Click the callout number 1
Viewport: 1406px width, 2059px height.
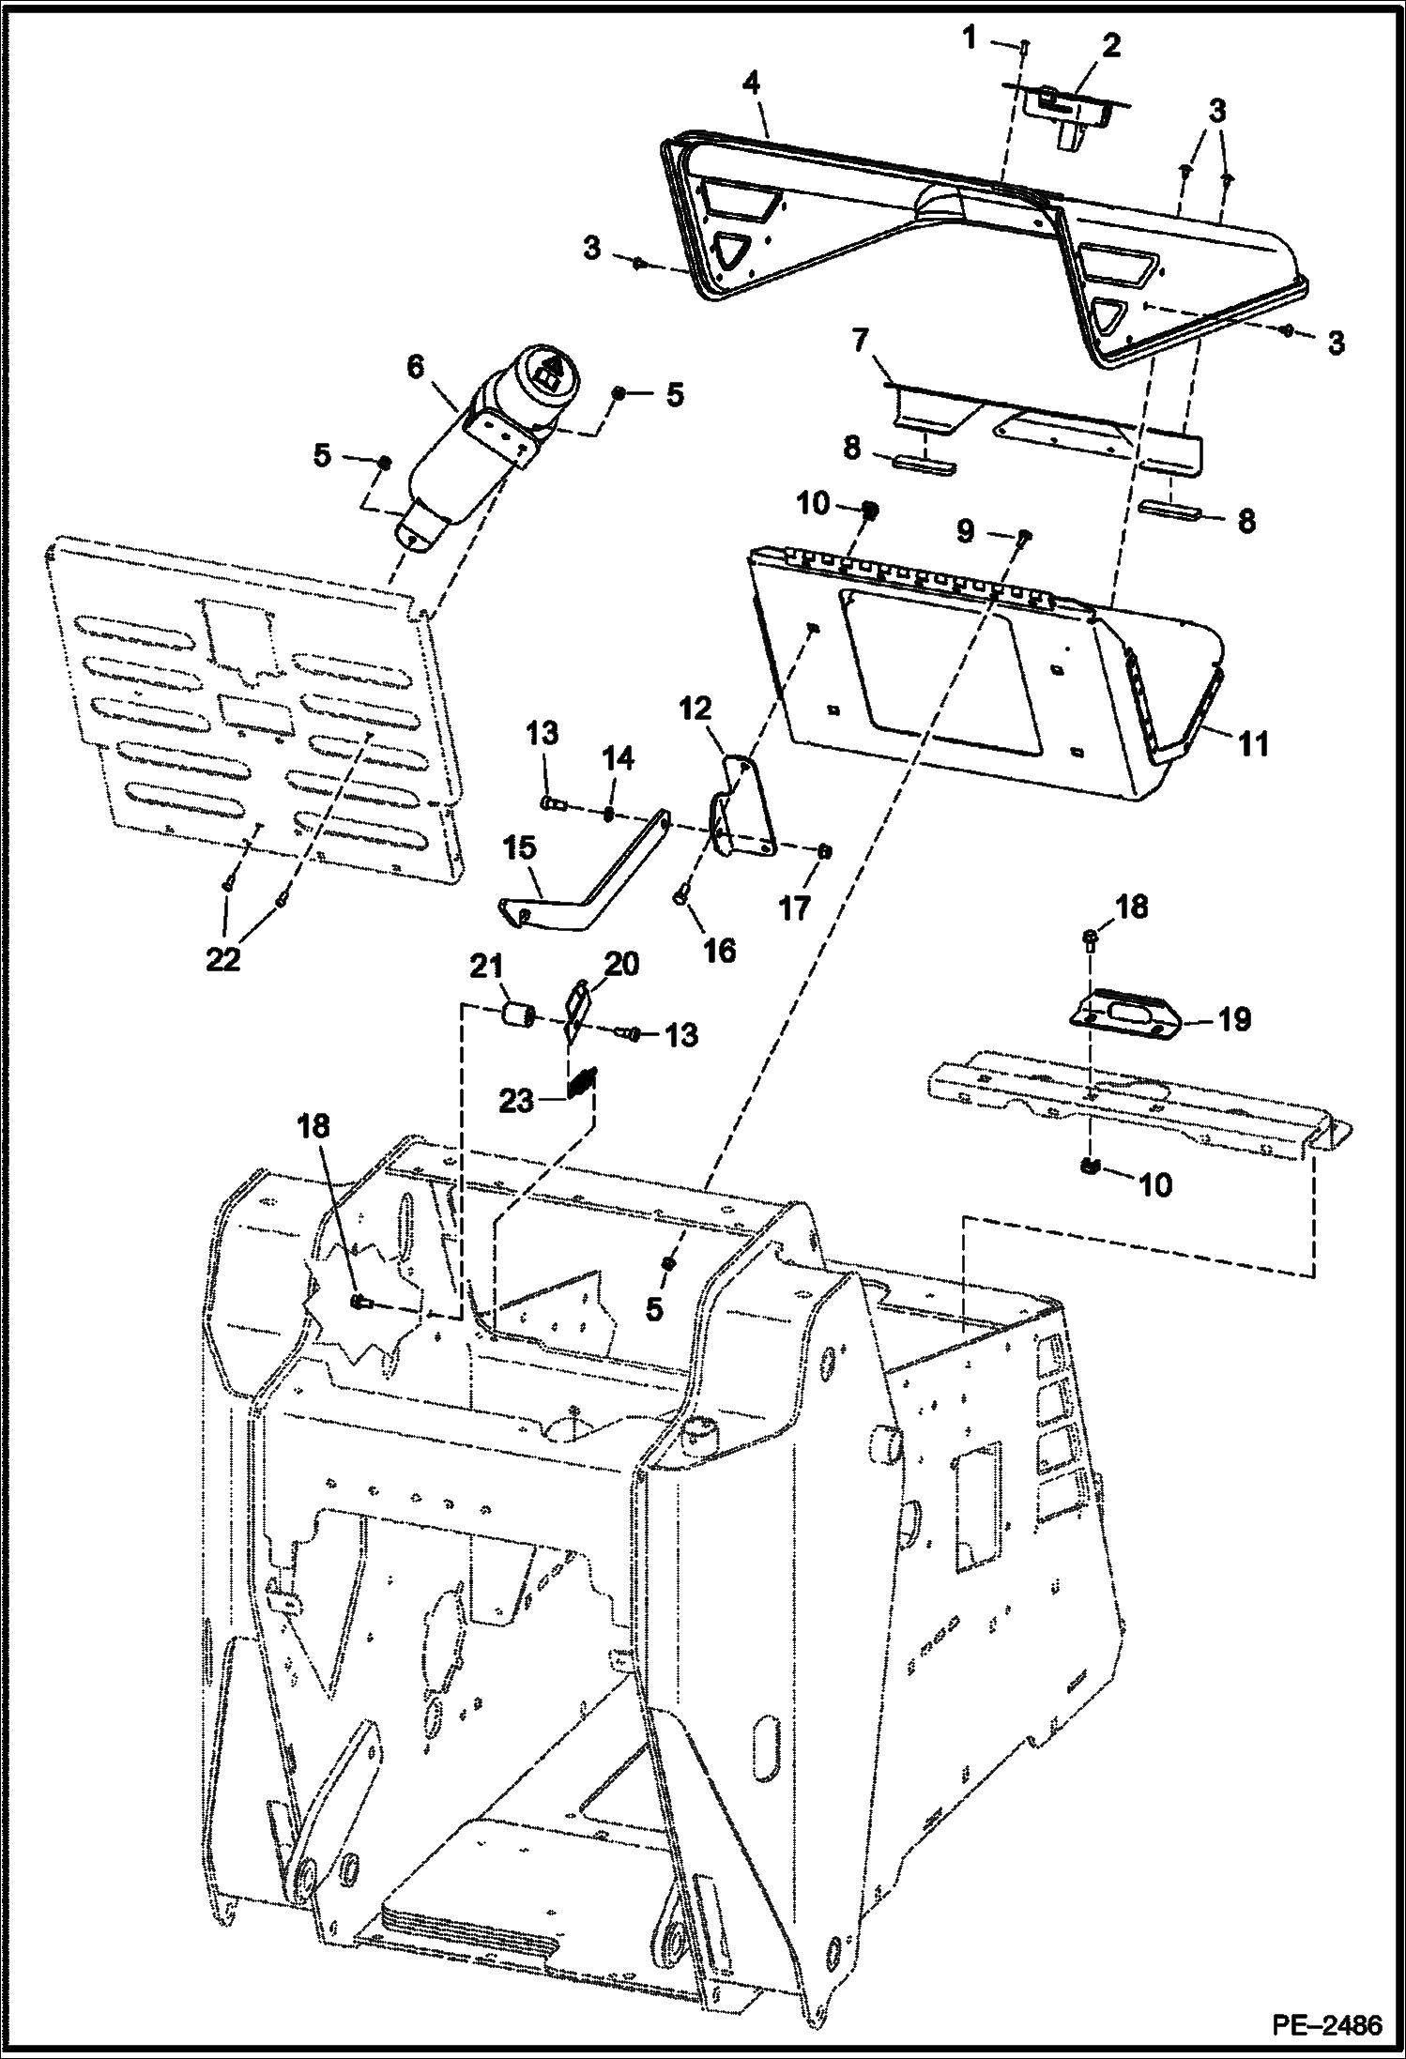970,38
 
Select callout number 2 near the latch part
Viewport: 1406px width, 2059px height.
1111,46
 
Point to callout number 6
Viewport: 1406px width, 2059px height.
415,369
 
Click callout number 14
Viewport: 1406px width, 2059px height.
619,757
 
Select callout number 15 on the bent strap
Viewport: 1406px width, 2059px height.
519,848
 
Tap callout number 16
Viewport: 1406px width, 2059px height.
720,951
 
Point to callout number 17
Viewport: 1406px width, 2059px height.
795,907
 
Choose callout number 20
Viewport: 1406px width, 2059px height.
621,964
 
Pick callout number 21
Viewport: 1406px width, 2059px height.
488,967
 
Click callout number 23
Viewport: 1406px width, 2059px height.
516,1100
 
